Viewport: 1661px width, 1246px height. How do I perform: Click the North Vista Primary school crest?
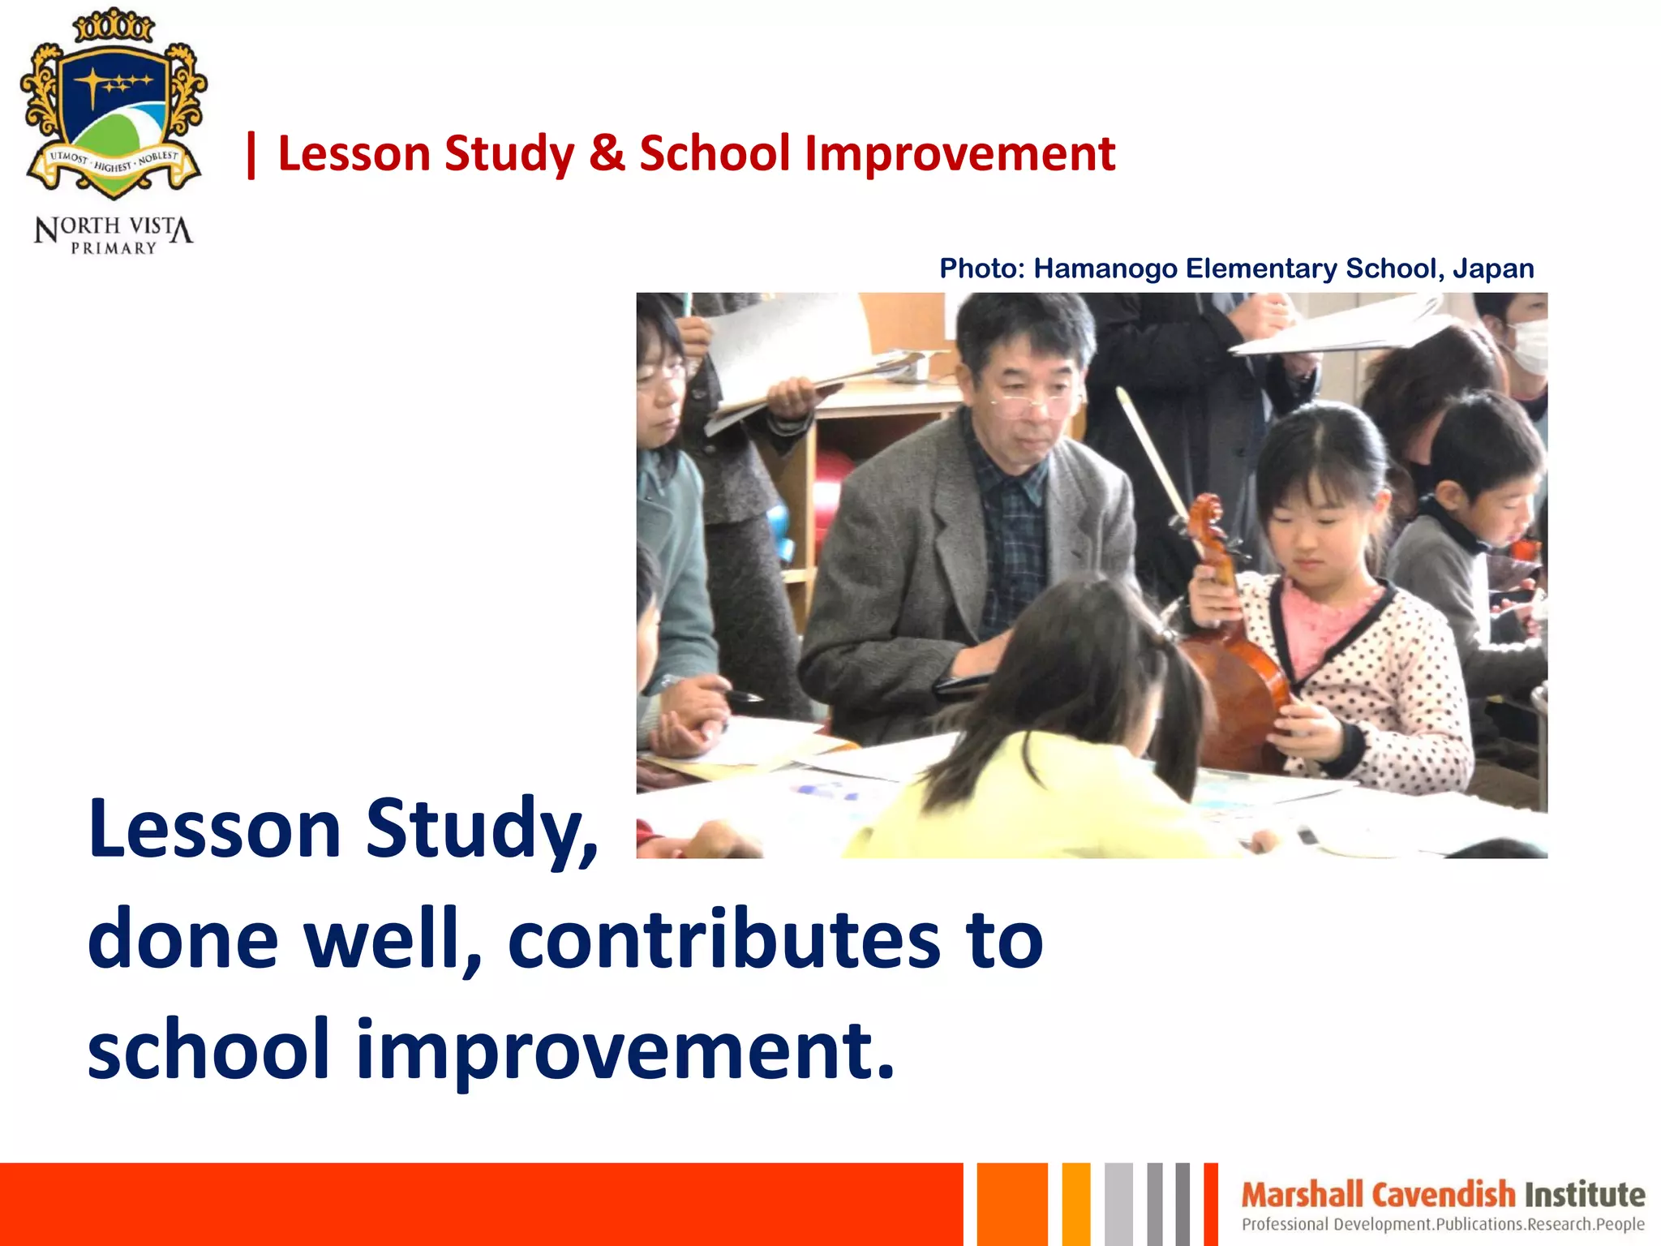(x=114, y=105)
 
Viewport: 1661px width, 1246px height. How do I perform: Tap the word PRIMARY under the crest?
(x=114, y=248)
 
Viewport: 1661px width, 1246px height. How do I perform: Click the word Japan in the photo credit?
(x=1493, y=269)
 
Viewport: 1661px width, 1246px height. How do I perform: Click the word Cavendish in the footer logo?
(x=1444, y=1195)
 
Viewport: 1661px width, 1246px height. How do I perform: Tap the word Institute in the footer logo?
(x=1585, y=1195)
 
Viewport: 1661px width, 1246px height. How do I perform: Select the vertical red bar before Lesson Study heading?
(x=251, y=154)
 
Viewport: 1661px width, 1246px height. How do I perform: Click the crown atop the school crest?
(x=114, y=26)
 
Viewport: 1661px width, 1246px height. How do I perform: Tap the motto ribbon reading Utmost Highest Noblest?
(x=114, y=162)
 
